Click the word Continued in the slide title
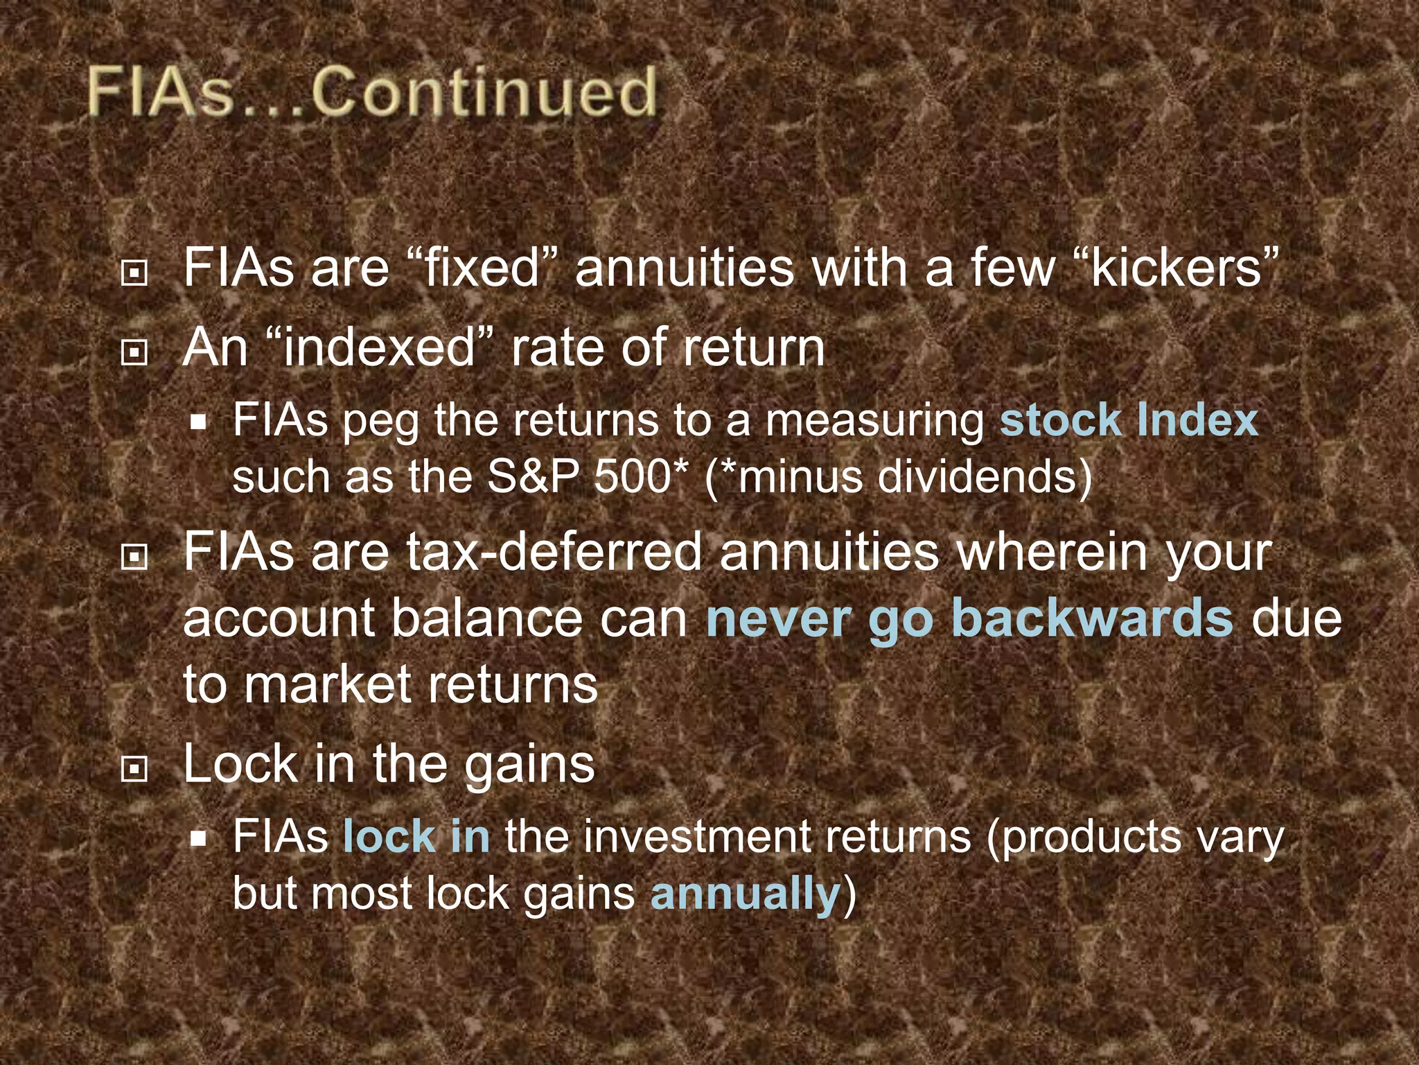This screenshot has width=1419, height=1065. click(x=484, y=93)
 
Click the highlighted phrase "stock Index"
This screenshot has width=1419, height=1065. click(x=1128, y=420)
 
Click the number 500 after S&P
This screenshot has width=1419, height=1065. click(x=631, y=477)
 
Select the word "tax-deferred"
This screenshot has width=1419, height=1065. click(x=554, y=553)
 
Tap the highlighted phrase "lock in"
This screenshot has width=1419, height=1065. click(x=416, y=836)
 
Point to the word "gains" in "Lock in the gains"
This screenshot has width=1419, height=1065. click(x=529, y=764)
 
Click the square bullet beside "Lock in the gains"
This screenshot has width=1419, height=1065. click(x=134, y=768)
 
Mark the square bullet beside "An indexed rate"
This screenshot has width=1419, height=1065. click(x=134, y=352)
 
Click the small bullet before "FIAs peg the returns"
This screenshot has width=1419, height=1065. click(x=200, y=422)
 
